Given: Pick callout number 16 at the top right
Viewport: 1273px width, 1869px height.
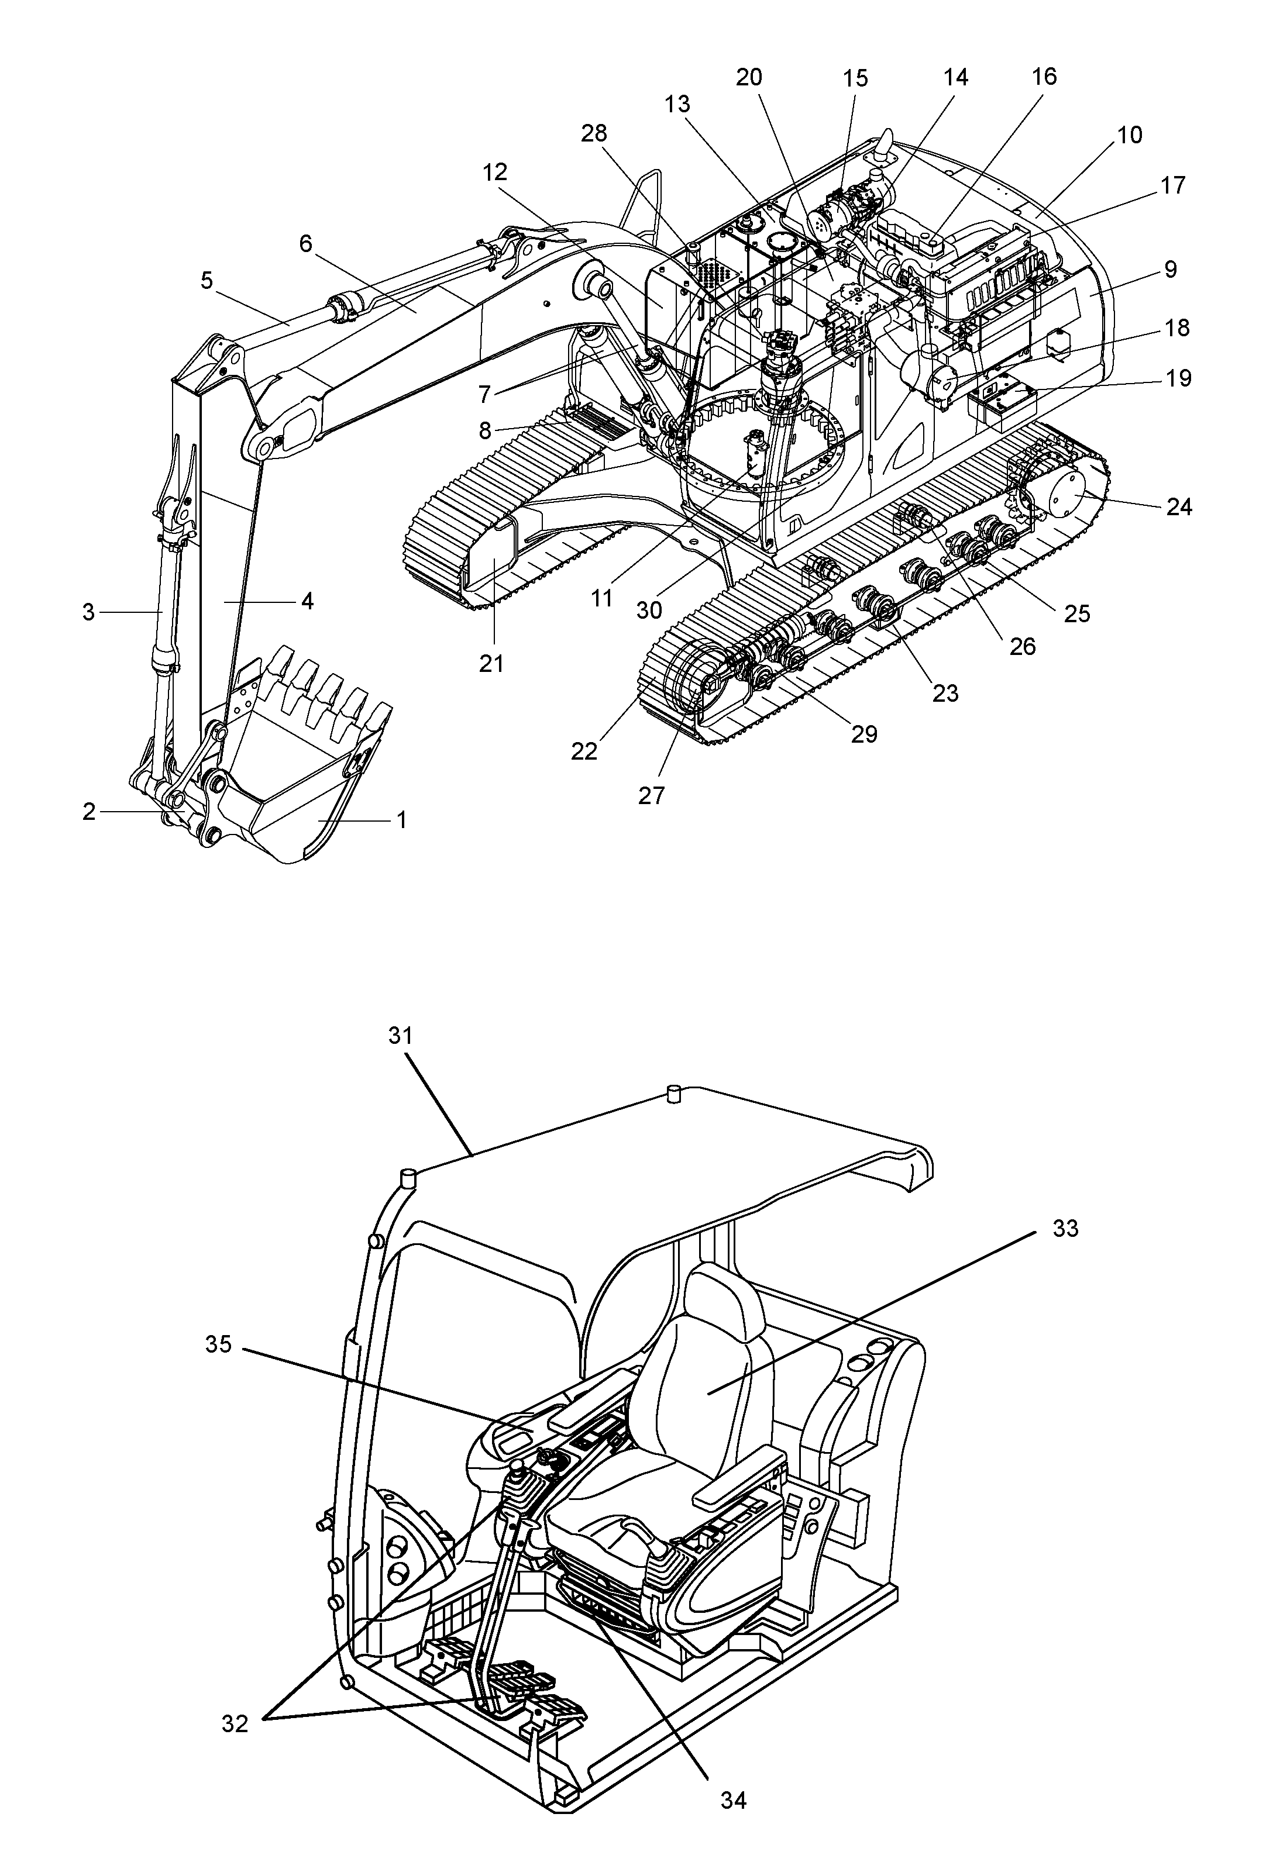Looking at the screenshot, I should [1044, 77].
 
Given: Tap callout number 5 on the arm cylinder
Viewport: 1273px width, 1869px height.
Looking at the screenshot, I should [207, 281].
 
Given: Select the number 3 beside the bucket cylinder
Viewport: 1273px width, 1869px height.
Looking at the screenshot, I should [88, 612].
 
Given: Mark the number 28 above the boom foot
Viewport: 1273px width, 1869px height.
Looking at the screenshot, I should [594, 133].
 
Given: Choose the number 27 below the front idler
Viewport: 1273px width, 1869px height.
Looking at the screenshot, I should [651, 795].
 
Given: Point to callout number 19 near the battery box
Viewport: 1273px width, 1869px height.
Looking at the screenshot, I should [1179, 378].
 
